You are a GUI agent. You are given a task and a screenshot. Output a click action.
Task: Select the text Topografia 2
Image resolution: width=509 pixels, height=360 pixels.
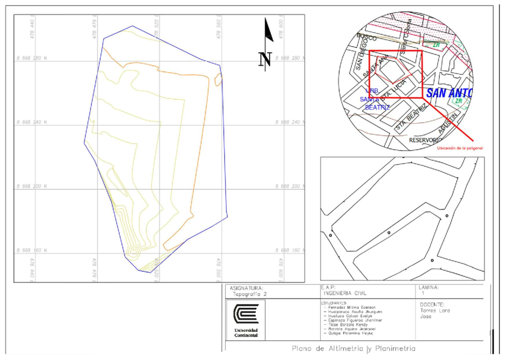pyautogui.click(x=250, y=293)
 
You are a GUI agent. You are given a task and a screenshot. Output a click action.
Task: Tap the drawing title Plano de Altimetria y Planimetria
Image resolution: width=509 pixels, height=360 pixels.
pyautogui.click(x=353, y=349)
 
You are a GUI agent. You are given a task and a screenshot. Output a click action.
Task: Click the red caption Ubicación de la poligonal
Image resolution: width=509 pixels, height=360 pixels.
pyautogui.click(x=461, y=148)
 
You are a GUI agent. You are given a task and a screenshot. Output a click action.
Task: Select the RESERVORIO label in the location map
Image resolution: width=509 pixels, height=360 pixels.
pyautogui.click(x=425, y=140)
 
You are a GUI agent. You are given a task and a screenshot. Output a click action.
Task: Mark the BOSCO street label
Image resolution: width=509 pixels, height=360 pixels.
pyautogui.click(x=367, y=38)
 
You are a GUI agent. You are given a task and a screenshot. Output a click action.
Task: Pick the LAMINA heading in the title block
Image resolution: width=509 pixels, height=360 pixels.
pyautogui.click(x=428, y=287)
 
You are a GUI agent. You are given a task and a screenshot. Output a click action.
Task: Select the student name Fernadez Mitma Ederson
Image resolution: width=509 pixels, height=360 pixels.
pyautogui.click(x=352, y=307)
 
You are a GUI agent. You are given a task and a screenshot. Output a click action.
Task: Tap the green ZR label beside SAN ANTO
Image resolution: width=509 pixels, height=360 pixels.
pyautogui.click(x=458, y=101)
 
